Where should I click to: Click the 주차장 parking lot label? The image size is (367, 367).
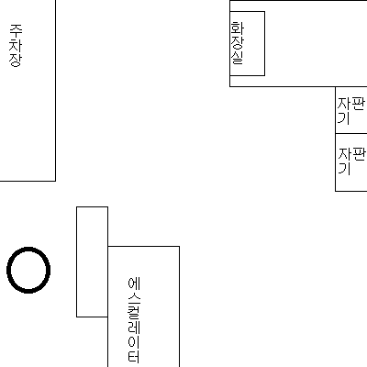coord(16,45)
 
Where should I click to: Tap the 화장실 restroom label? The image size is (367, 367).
coord(237,43)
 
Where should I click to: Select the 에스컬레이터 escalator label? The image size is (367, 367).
coord(134,319)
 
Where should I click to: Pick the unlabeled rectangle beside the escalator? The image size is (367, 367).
coord(92,261)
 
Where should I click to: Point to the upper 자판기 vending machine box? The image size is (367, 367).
coord(351,110)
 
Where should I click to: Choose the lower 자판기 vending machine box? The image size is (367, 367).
coord(351,162)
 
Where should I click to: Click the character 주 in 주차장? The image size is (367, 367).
coord(16,30)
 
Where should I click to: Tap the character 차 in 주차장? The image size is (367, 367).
coord(16,45)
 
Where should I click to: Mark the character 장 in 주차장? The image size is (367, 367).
coord(16,60)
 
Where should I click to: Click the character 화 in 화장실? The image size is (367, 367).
coord(238,28)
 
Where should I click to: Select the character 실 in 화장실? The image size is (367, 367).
coord(238,58)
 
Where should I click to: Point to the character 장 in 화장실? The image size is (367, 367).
coord(238,42)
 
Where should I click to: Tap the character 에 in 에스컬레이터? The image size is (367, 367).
coord(134,284)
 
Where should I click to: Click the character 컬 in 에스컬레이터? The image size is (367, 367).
coord(134,312)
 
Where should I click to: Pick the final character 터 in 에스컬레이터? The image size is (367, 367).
coord(134,356)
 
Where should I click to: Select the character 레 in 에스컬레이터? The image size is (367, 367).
coord(134,327)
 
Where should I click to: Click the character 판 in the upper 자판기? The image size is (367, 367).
coord(359,104)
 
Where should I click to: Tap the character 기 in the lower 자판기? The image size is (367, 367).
coord(344,169)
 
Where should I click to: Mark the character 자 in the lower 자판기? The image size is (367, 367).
coord(345,155)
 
